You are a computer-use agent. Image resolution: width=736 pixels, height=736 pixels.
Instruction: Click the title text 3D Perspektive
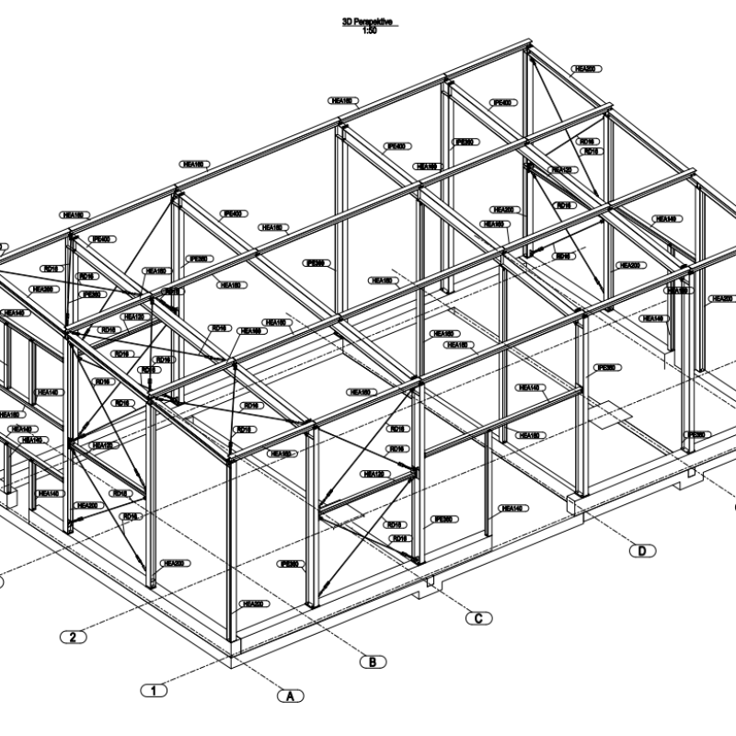coord(368,20)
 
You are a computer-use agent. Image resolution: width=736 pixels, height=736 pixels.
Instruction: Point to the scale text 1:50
coord(368,29)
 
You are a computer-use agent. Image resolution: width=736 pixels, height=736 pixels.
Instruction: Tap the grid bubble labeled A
coord(290,696)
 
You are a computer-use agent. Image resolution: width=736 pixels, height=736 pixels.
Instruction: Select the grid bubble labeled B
coord(372,661)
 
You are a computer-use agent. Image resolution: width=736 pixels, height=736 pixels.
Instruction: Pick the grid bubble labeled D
coord(642,551)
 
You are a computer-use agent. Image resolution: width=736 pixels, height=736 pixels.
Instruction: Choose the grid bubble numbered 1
coord(154,688)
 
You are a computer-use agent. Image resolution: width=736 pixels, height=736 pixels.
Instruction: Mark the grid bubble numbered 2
coord(74,636)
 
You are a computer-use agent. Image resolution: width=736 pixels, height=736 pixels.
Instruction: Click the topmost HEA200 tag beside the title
coord(585,69)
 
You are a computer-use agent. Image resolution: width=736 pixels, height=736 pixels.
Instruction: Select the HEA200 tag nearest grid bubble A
coord(250,604)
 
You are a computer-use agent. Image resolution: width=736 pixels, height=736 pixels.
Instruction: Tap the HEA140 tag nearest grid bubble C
coord(512,508)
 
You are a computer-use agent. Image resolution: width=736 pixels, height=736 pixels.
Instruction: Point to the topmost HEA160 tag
coord(344,100)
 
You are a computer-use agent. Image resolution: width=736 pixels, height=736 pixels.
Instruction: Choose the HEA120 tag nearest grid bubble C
coord(373,474)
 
